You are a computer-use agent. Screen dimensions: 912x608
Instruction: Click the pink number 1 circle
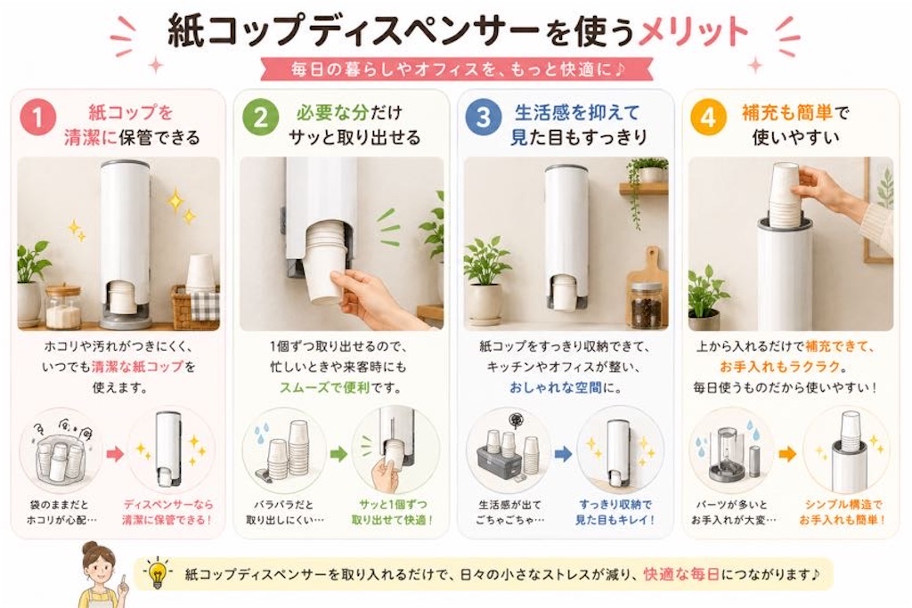tap(37, 118)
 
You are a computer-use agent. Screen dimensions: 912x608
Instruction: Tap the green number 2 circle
tap(261, 118)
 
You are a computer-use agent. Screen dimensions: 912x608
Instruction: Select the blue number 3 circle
tap(484, 118)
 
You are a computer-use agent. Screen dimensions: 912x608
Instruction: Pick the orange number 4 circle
tap(708, 118)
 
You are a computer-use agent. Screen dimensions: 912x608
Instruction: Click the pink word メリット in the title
tap(693, 31)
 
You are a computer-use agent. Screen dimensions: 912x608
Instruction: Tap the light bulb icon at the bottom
tap(157, 573)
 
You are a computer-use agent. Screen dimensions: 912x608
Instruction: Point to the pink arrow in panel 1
tap(115, 454)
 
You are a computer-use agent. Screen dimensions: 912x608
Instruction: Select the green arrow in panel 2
tap(338, 454)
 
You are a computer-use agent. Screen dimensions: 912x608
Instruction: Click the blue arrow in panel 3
tap(563, 454)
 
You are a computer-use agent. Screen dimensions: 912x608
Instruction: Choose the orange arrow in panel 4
tap(786, 454)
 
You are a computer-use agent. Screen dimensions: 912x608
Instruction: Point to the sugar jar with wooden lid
tap(63, 307)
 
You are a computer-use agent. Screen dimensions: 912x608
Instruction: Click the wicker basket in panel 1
tap(194, 307)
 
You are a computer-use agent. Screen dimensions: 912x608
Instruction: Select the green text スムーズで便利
tap(324, 387)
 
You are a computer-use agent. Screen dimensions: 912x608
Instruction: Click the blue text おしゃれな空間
tap(555, 387)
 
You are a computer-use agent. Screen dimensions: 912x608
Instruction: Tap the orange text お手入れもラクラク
tap(779, 367)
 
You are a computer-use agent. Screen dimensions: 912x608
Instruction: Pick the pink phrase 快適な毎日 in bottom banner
tap(681, 574)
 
